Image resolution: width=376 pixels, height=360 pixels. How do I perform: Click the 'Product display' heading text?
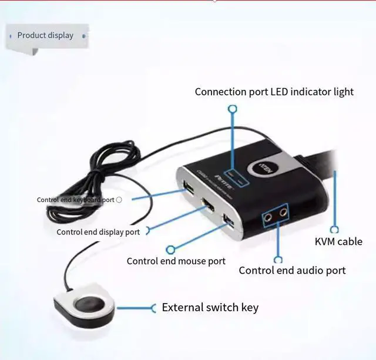[x=45, y=35]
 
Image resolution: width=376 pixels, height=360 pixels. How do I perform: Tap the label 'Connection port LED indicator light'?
[x=274, y=92]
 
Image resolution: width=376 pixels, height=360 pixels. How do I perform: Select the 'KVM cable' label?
[x=338, y=241]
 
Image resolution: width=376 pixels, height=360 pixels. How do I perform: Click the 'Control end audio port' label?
[x=292, y=270]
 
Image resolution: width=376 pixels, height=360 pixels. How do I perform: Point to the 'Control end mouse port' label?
[x=176, y=261]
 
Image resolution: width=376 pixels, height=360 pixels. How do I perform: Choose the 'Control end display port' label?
[x=98, y=232]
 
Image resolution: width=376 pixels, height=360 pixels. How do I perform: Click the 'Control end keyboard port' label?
[x=76, y=200]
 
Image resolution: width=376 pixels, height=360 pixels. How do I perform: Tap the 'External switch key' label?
[x=210, y=307]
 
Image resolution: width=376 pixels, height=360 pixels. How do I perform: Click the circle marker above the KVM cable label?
[x=335, y=230]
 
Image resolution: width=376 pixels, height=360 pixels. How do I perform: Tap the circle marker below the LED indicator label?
[x=233, y=109]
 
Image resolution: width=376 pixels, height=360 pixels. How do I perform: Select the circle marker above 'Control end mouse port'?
[x=170, y=250]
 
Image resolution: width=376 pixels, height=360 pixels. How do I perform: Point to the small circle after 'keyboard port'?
[x=119, y=200]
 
